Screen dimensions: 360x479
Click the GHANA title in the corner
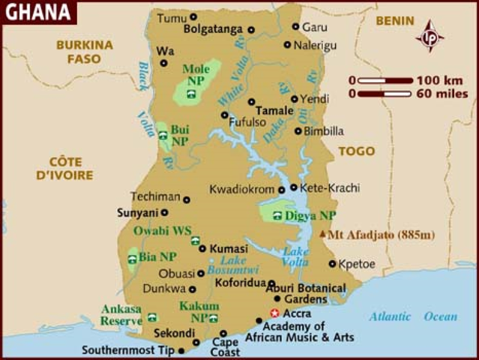click(37, 12)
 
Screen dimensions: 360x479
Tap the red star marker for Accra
click(275, 313)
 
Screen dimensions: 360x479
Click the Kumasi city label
click(229, 248)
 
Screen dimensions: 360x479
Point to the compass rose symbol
click(430, 35)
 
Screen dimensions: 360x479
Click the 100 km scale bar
click(385, 80)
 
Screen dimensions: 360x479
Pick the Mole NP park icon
click(192, 94)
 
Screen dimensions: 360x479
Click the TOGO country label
click(356, 151)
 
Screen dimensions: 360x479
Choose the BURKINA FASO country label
click(84, 52)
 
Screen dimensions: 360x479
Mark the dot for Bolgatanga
click(251, 30)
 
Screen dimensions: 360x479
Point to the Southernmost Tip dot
click(181, 350)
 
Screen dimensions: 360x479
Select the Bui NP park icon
click(163, 135)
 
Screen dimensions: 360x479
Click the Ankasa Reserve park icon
click(152, 318)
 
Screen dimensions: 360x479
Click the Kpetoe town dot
click(332, 263)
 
